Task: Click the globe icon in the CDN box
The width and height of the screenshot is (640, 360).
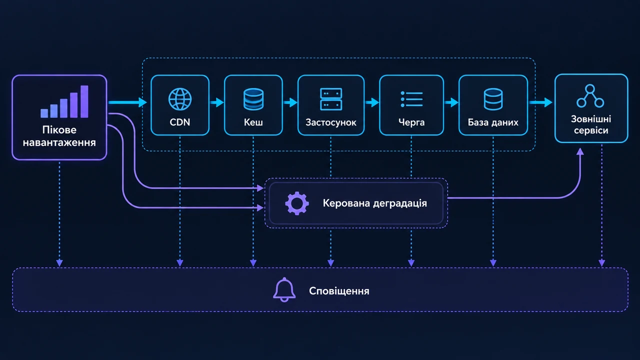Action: (180, 99)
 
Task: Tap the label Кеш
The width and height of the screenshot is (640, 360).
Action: (253, 122)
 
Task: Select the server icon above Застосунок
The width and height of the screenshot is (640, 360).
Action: (331, 99)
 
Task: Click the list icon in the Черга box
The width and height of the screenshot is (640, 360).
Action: (411, 99)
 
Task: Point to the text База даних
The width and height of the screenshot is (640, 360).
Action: (493, 122)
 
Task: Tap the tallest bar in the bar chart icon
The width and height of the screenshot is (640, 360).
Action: (84, 101)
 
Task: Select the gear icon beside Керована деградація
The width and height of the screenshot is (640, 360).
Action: (297, 203)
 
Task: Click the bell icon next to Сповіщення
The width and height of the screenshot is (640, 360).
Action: (284, 289)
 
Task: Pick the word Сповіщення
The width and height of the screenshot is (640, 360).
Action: (339, 291)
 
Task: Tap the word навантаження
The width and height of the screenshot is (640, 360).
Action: (59, 142)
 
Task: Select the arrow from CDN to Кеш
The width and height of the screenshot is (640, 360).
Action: (217, 102)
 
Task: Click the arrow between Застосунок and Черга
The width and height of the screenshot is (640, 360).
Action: (372, 102)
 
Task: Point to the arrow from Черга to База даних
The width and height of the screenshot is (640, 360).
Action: (451, 102)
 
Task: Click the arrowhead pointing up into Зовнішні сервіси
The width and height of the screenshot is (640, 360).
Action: (580, 151)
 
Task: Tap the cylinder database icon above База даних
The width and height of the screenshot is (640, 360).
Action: (493, 99)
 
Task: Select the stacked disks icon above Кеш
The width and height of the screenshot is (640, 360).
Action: (253, 99)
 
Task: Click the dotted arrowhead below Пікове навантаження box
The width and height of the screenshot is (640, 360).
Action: (59, 263)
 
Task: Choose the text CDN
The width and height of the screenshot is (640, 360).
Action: (179, 122)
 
